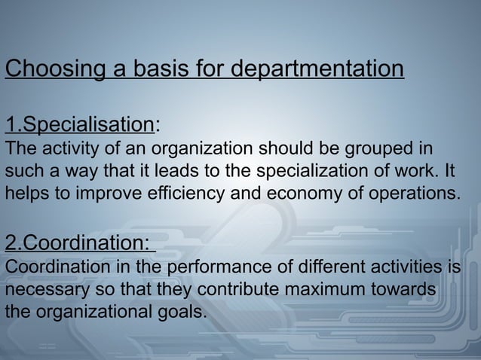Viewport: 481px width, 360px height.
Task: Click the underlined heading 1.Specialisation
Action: pos(79,124)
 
